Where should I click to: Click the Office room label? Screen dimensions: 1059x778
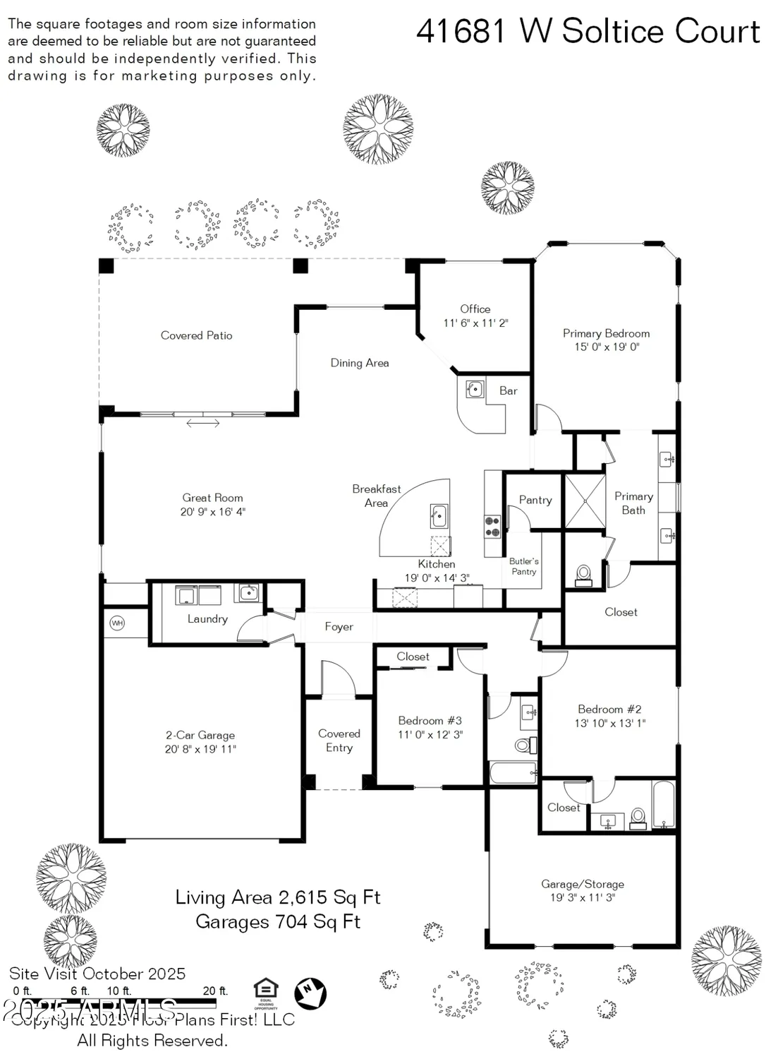(x=475, y=309)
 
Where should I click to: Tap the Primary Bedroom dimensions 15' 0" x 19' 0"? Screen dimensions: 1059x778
(x=606, y=347)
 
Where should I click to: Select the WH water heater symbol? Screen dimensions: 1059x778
(x=117, y=623)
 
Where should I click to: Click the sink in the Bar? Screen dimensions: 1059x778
(x=475, y=389)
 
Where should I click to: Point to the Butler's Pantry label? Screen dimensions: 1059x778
(x=523, y=566)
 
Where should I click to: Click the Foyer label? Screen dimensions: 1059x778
(x=339, y=627)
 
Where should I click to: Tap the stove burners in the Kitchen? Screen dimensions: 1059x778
(x=492, y=527)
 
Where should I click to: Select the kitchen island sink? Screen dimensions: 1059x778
(x=439, y=517)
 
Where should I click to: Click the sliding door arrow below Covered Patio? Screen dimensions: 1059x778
(x=202, y=424)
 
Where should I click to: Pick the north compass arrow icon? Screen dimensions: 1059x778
(x=310, y=992)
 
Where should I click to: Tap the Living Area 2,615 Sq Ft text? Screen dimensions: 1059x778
(x=278, y=898)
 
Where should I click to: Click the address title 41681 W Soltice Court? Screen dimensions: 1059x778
(x=588, y=32)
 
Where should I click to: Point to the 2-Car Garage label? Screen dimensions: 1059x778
(x=200, y=736)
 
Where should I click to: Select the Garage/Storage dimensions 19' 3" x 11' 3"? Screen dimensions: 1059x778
(x=583, y=898)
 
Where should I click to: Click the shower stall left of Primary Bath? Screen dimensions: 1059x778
(x=585, y=501)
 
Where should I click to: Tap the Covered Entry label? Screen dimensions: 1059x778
(x=339, y=741)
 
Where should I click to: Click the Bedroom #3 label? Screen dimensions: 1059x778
(x=430, y=721)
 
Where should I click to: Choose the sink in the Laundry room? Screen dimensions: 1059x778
(x=248, y=592)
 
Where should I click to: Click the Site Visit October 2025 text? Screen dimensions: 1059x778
(x=97, y=974)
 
